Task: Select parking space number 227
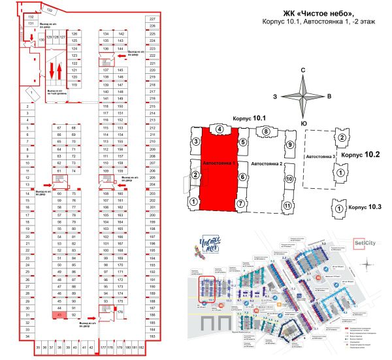click(x=152, y=20)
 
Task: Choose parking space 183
click(x=152, y=336)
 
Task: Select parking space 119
click(x=74, y=85)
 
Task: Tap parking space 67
click(x=59, y=127)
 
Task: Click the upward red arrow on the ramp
click(x=59, y=70)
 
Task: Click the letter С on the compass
click(x=303, y=70)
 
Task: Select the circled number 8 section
click(x=267, y=132)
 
